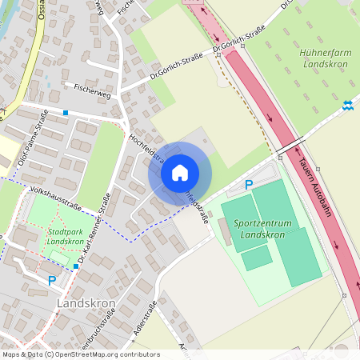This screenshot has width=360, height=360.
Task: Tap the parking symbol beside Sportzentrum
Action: [249, 185]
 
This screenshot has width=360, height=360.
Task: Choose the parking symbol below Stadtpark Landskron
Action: [52, 280]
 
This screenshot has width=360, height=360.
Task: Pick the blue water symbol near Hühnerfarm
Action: [348, 104]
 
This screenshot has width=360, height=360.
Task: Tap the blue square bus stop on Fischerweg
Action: [66, 113]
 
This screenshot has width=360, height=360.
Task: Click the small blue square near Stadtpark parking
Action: [76, 266]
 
